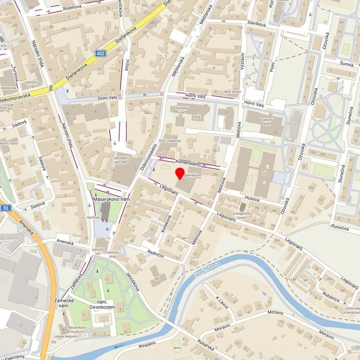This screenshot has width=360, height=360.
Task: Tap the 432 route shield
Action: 101,53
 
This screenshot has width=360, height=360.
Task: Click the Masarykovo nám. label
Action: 111,199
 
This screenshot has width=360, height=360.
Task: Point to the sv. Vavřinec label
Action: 91,218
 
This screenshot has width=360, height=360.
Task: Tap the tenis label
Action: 177,348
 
